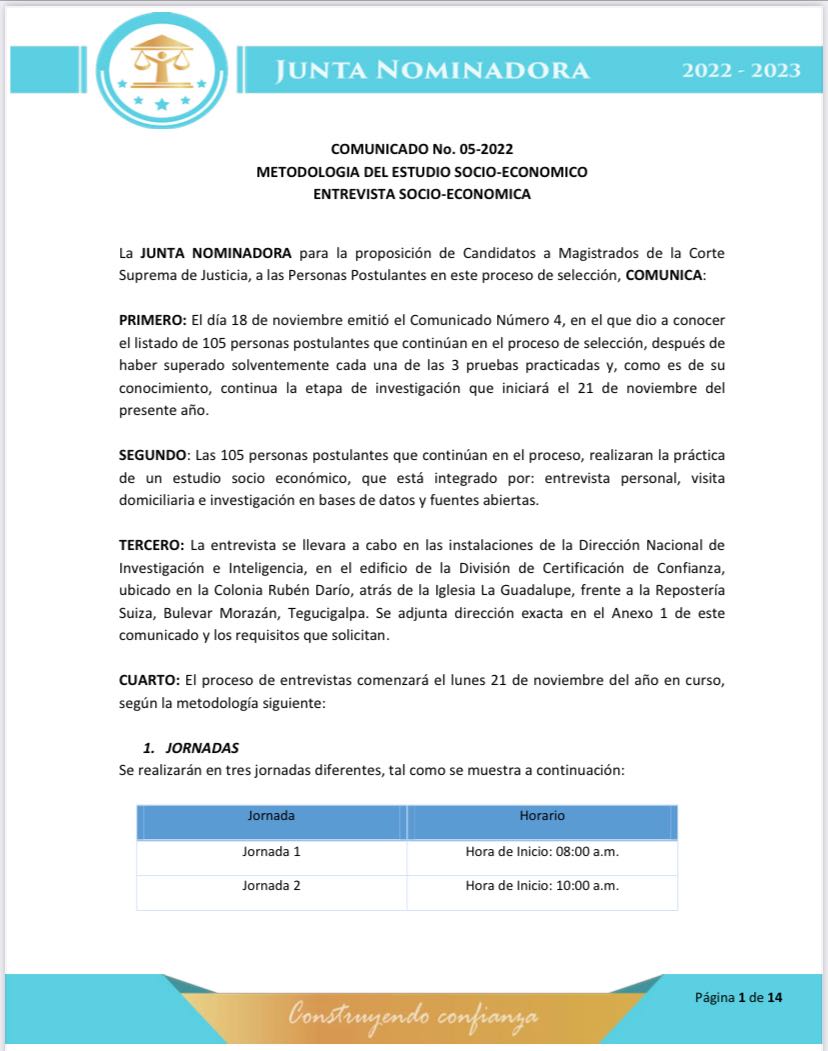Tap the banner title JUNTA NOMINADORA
[432, 70]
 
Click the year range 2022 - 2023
[741, 70]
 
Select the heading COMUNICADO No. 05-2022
[421, 149]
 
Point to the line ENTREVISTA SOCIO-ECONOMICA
[421, 194]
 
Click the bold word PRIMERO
[152, 319]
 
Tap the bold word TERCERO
[152, 545]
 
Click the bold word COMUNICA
[664, 274]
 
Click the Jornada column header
[271, 816]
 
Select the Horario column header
[542, 816]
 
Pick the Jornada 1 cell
[271, 852]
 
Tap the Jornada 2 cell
[271, 886]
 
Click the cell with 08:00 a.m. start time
[542, 852]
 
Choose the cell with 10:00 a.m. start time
[542, 886]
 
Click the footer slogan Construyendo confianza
[413, 1017]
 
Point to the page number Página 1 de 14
[738, 998]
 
